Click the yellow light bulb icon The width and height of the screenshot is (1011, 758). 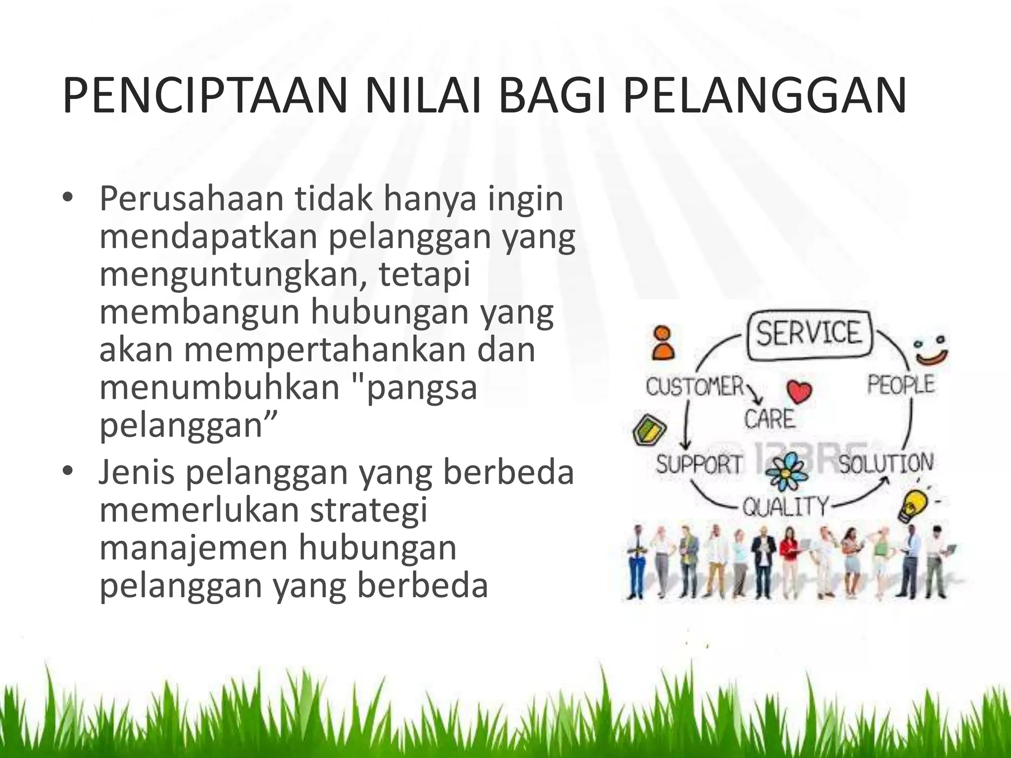tap(913, 505)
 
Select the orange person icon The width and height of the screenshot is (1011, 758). tap(662, 342)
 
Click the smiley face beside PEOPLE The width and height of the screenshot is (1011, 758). tap(931, 351)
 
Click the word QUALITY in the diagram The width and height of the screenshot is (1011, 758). tap(786, 506)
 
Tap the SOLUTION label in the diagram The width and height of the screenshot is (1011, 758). tap(886, 463)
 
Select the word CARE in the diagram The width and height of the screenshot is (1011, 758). tap(770, 419)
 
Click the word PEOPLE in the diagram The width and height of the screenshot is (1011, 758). tap(900, 384)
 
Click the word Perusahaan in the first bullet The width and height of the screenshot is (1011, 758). tap(192, 199)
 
